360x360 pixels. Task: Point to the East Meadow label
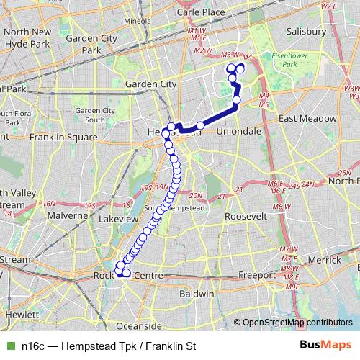(x=306, y=118)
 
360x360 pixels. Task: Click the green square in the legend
(x=9, y=346)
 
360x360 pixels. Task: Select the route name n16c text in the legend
(x=34, y=346)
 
